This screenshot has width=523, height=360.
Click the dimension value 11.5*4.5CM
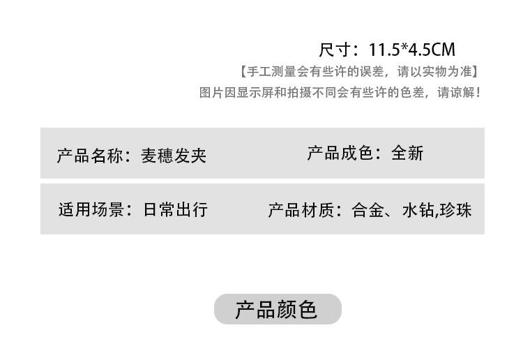tap(412, 50)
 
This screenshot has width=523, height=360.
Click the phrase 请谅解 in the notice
tap(455, 92)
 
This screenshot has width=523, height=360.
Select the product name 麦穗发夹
tap(174, 155)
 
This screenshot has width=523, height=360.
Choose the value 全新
tap(408, 153)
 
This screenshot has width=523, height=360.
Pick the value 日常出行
tap(175, 209)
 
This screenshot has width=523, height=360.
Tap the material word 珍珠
tap(456, 210)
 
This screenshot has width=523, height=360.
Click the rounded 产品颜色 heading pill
tap(278, 309)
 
